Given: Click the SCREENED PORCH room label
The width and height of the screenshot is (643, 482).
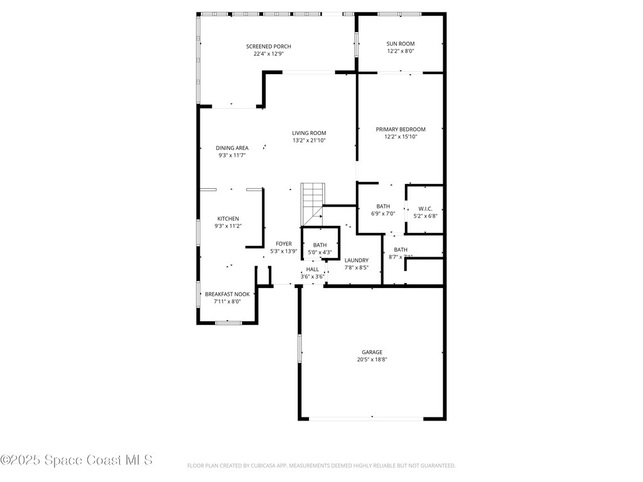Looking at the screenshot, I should point(268,46).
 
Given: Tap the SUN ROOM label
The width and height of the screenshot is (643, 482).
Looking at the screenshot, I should point(400,44).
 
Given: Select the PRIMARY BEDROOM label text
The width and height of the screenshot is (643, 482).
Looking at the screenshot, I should point(401,129).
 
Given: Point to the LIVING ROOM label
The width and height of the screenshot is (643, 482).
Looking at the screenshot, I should point(309,133).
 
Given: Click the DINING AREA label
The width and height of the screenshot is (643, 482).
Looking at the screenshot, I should point(232,148).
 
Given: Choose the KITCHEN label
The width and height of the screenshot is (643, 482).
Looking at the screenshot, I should point(228,218).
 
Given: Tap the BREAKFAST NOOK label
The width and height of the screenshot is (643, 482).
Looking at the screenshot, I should point(227,294).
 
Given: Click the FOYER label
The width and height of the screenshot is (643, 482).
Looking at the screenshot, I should point(283,244).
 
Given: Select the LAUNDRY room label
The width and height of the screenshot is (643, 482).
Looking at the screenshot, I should point(356,260).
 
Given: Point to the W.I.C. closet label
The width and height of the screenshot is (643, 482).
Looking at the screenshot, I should point(425,208).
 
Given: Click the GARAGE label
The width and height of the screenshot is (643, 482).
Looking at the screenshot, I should point(372,352).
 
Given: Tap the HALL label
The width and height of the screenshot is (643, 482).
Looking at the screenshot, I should point(312,269).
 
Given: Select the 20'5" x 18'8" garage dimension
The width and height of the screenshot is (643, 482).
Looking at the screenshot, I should point(372,360).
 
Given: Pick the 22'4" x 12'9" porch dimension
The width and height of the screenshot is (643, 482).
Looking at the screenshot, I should point(268,54).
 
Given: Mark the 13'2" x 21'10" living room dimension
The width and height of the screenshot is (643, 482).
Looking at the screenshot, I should point(309,141).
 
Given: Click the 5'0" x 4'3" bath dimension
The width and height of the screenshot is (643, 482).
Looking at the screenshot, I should point(320,253).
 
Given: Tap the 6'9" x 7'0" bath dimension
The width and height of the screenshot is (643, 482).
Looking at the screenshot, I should point(383,214).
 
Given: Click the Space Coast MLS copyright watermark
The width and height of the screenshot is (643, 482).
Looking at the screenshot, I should point(77,460).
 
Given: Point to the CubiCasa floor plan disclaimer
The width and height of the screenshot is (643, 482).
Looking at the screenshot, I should point(321,466).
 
